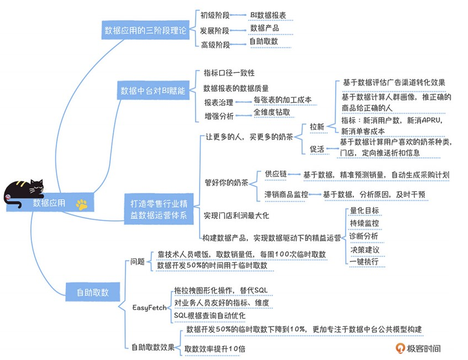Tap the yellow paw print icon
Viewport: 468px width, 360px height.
coord(82,204)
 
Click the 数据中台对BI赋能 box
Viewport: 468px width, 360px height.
coord(153,91)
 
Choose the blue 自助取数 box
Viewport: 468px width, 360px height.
coord(93,292)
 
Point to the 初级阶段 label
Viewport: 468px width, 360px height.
coord(215,15)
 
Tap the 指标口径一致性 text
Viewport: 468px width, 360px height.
coord(229,73)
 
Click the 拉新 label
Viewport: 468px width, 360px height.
coord(317,126)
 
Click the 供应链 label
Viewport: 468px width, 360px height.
coord(276,174)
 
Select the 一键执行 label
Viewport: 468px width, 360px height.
coord(364,262)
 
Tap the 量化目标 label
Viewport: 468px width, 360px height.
coord(364,211)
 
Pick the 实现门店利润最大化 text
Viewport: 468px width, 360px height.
coord(236,215)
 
